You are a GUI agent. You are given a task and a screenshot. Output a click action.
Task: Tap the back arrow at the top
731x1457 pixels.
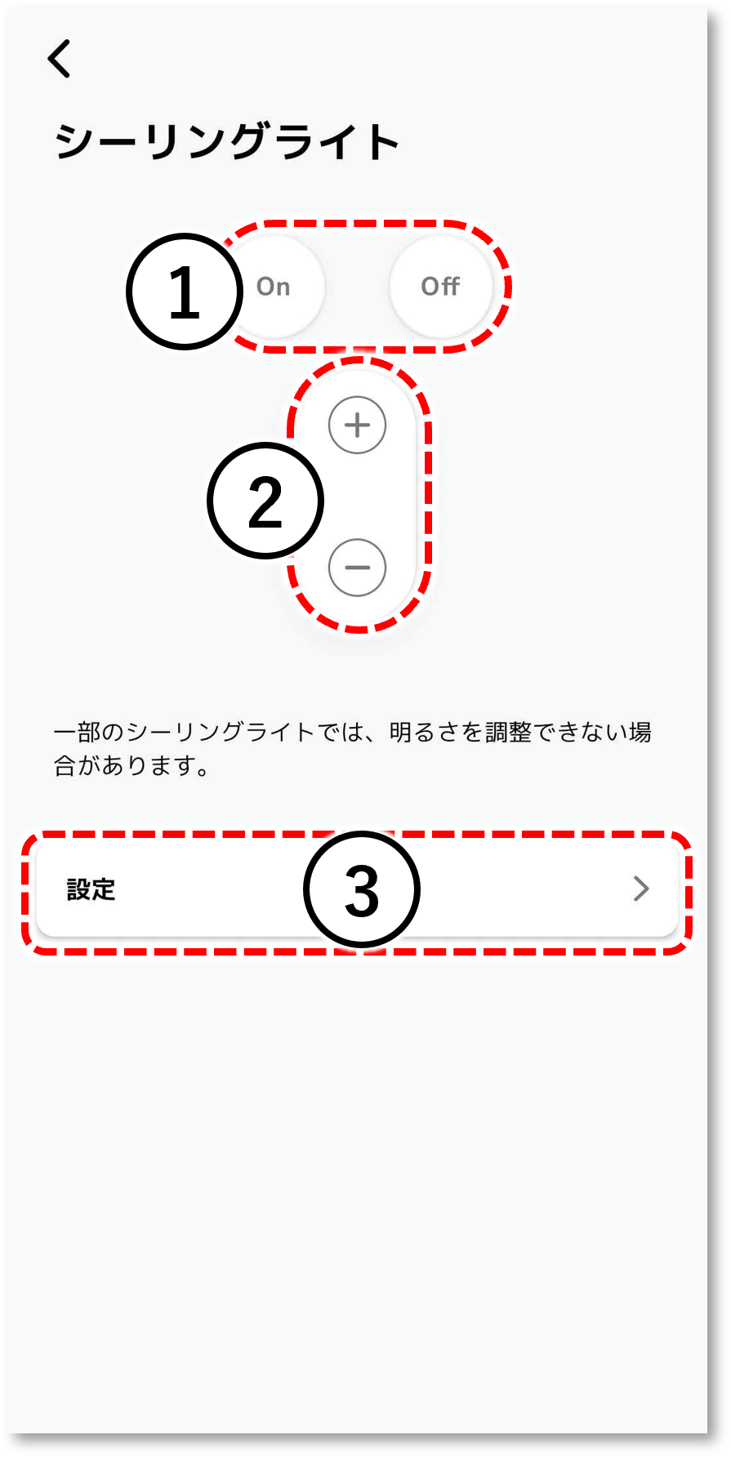pos(59,59)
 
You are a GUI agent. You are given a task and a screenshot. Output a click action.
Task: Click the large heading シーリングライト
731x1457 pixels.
pos(227,141)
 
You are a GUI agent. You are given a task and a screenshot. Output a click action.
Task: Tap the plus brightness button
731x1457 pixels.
pos(357,425)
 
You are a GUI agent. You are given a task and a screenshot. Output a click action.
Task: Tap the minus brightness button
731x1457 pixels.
pos(357,568)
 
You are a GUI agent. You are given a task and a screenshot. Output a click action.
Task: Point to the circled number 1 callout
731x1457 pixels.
pos(185,292)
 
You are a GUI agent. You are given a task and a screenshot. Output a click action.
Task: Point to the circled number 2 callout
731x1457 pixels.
pos(265,501)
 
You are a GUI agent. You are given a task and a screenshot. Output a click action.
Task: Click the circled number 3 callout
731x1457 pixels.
pos(362,889)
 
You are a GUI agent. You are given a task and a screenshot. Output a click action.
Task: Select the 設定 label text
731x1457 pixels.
pos(91,889)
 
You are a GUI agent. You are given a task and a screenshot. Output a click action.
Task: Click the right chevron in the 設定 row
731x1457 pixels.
pos(641,889)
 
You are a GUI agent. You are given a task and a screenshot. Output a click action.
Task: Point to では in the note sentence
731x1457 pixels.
pos(340,732)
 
